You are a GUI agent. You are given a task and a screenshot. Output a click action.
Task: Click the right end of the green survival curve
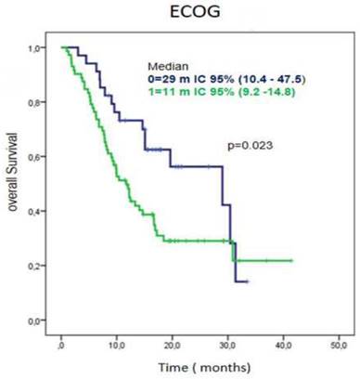(292, 260)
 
